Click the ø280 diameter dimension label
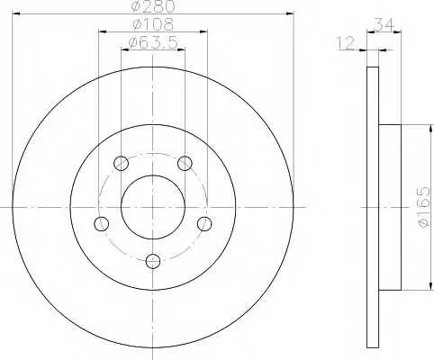tap(153, 6)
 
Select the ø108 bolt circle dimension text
tap(153, 24)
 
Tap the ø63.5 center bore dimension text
tap(153, 43)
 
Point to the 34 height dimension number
tap(384, 25)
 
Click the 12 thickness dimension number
tap(346, 43)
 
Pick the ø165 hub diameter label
tap(425, 207)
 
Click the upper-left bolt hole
tap(122, 164)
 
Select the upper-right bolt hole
tap(185, 164)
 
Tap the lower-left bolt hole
tap(102, 223)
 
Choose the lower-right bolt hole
tap(204, 223)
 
